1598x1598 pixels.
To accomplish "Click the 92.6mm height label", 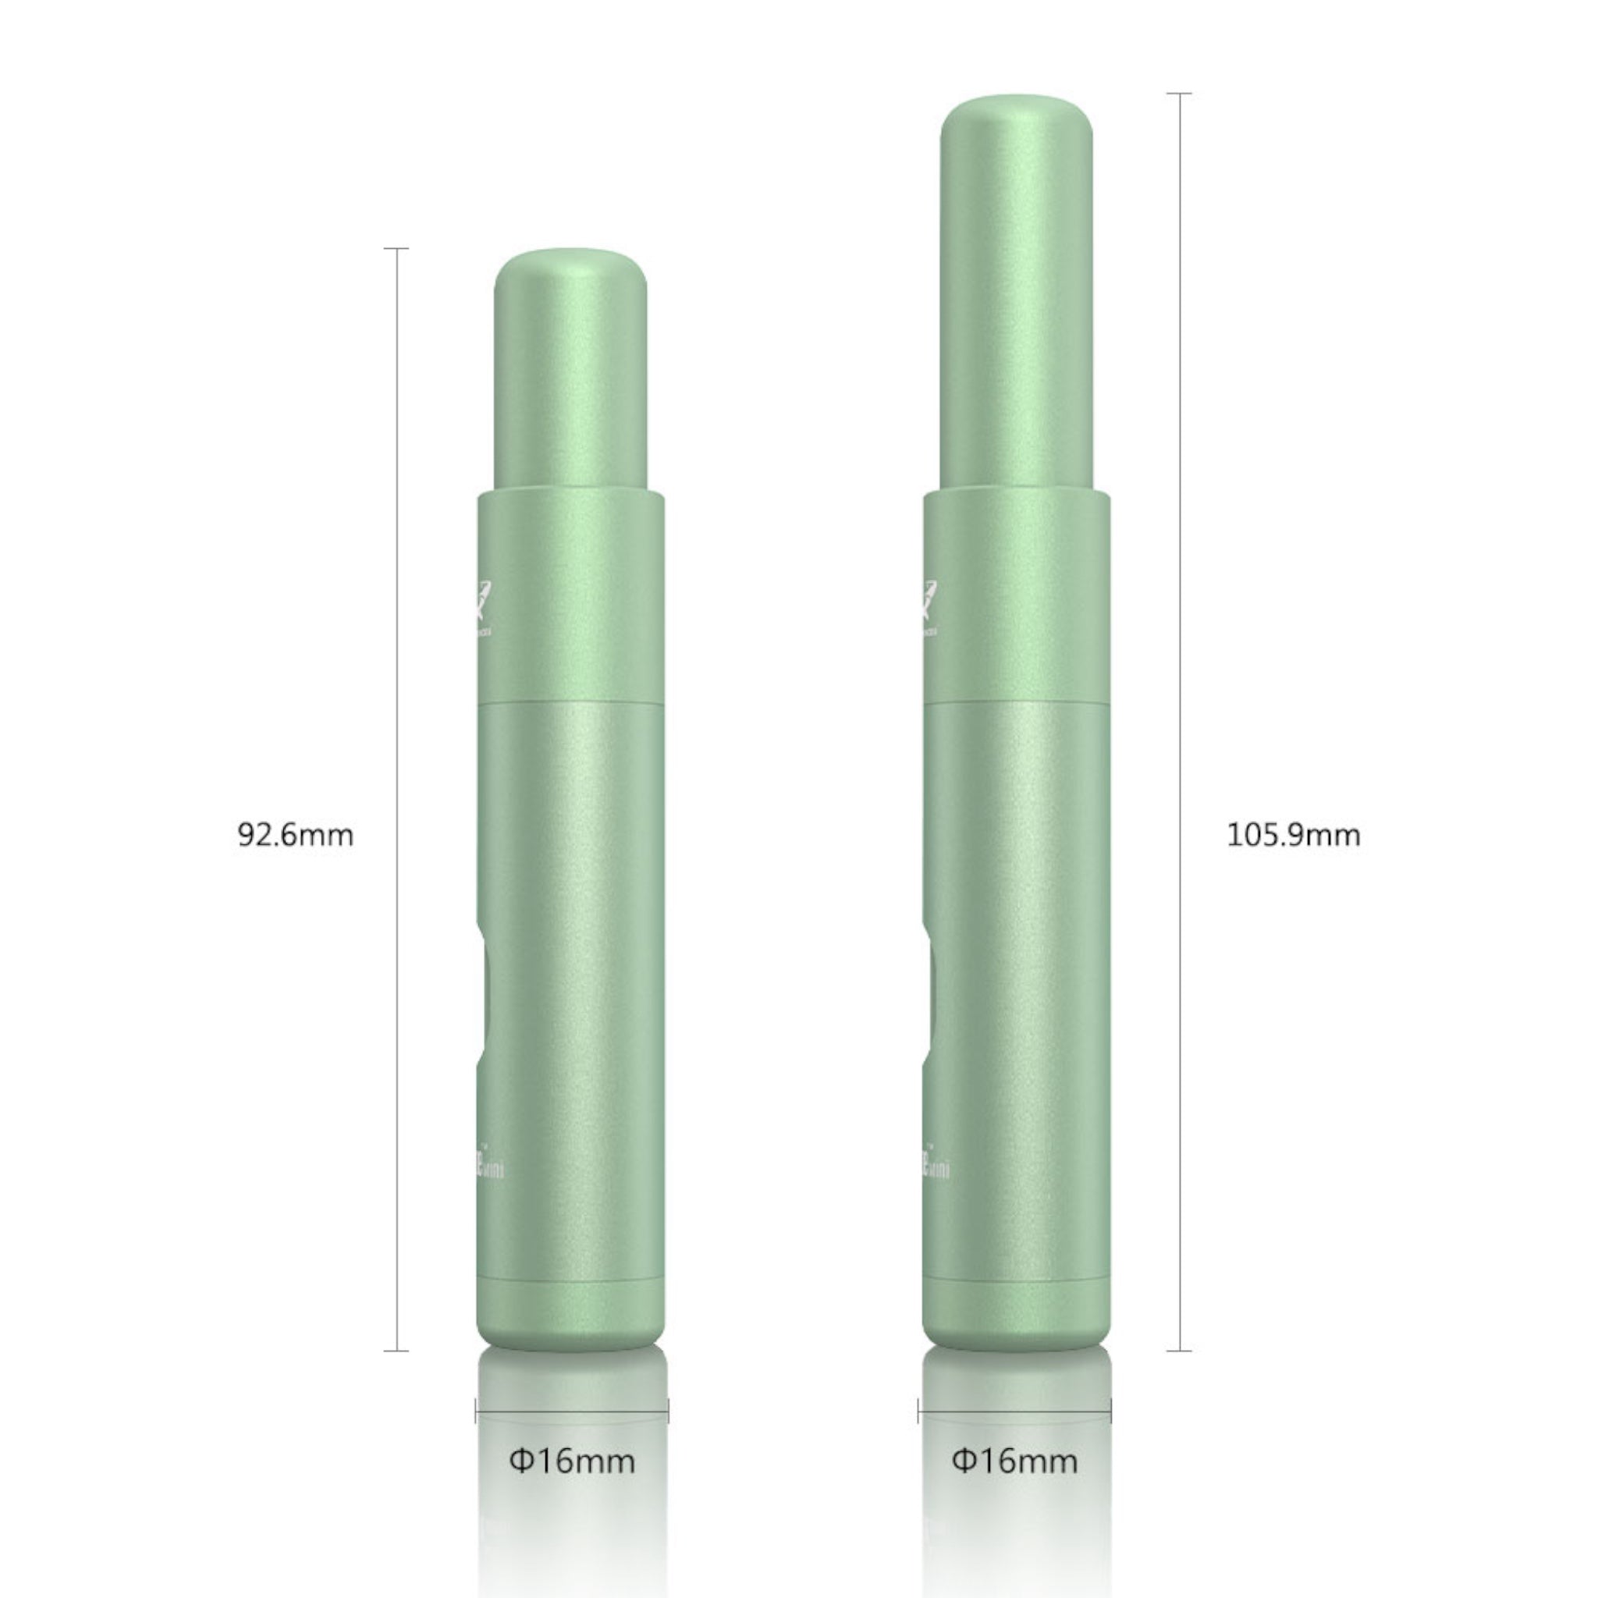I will (295, 835).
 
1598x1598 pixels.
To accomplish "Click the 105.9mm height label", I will (1293, 835).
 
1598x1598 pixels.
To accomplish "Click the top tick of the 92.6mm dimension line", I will (397, 248).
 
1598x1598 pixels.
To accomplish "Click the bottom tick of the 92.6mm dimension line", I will (397, 1351).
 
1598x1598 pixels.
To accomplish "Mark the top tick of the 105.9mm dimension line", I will (1180, 94).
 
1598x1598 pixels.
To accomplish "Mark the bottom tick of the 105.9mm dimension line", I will (1180, 1351).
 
